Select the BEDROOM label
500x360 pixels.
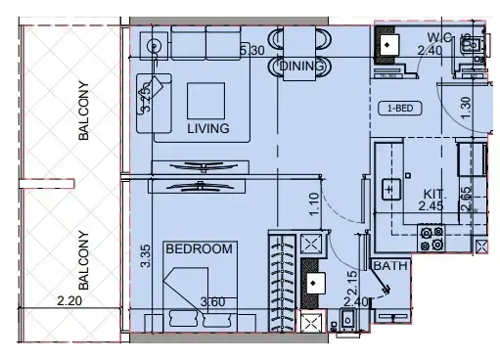point(200,249)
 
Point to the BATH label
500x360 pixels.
point(384,265)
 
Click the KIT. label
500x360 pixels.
point(434,193)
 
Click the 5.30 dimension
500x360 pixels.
point(251,49)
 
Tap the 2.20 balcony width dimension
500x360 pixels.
point(68,303)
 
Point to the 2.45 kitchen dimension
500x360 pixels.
point(432,206)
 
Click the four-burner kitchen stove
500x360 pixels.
point(432,237)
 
